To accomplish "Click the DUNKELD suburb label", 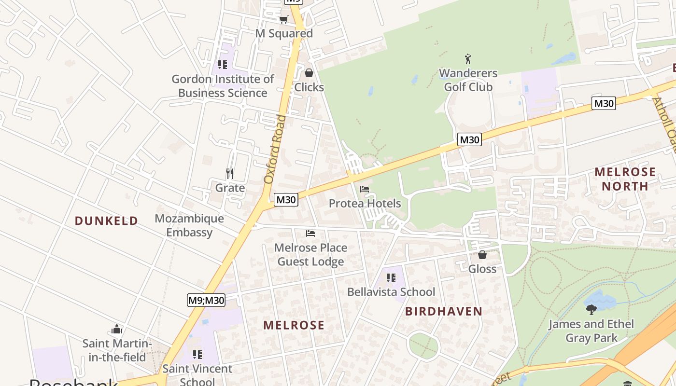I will point(106,221).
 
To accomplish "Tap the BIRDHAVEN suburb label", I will point(444,311).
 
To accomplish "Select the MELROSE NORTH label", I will point(625,179).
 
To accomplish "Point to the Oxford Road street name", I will point(275,149).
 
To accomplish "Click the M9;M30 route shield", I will point(206,300).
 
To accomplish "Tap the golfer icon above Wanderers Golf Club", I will point(467,59).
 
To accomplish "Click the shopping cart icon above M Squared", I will point(283,20).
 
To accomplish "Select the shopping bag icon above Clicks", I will point(309,73).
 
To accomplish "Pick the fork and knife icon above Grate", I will point(230,174).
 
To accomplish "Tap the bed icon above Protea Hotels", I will point(365,189).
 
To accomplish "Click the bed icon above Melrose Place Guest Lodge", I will point(310,234).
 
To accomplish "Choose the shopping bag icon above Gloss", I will point(482,255).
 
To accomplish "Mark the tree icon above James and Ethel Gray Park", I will point(591,310).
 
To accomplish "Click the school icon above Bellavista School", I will point(391,278).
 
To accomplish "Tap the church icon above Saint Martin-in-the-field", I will point(117,330).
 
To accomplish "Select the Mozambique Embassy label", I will point(189,225).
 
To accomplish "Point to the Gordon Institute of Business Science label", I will point(223,86).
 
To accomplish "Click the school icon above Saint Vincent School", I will point(197,355).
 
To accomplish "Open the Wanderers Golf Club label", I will point(468,80).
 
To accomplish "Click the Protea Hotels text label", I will point(365,204).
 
